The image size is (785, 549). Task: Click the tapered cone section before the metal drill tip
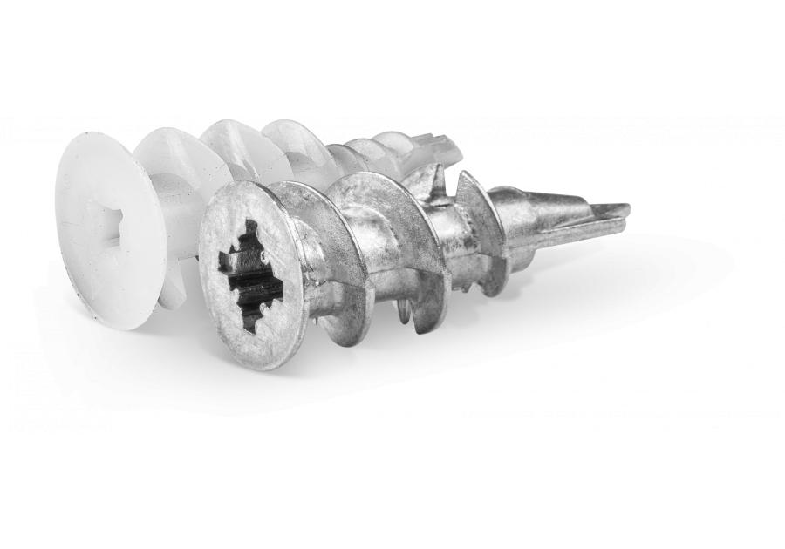pyautogui.click(x=541, y=218)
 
